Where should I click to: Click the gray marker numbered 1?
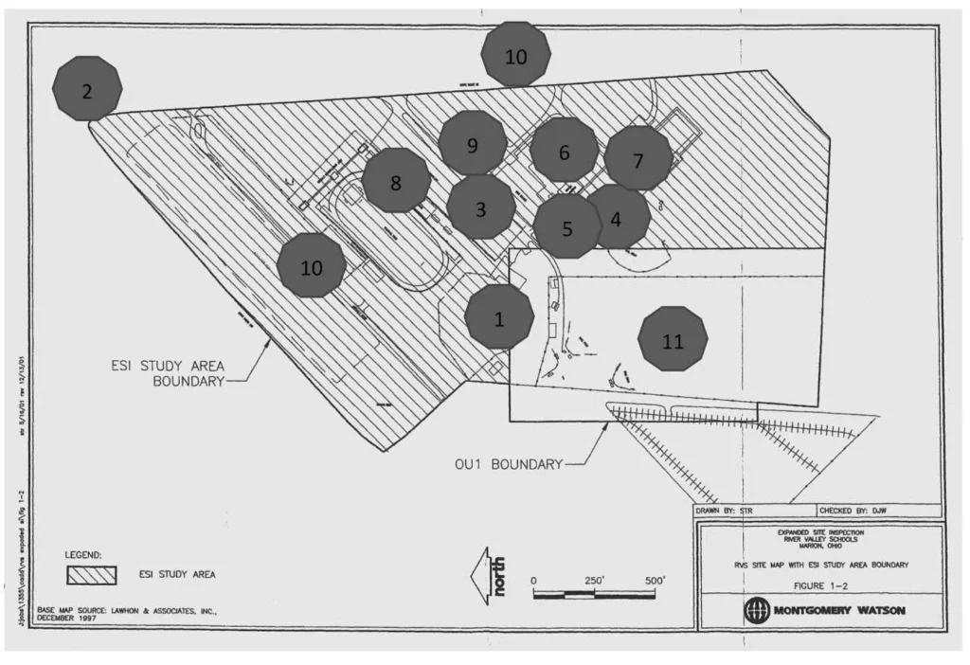pos(499,317)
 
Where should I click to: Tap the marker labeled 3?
pos(481,207)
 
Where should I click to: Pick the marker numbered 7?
pos(638,159)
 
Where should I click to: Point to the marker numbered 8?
pos(396,181)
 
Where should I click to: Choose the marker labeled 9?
pos(473,144)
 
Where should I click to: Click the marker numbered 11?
pos(673,340)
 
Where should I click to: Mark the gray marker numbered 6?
pos(564,151)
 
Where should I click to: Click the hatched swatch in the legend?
pos(91,575)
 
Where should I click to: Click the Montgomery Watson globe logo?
pos(757,609)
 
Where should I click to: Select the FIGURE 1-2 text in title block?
pos(821,585)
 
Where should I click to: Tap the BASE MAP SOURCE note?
pos(127,614)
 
